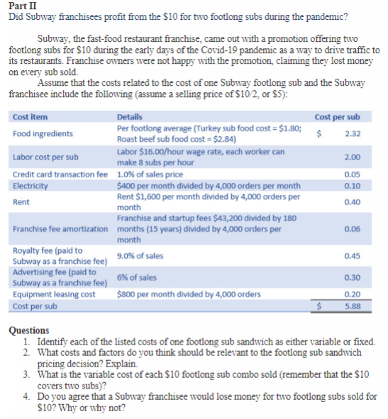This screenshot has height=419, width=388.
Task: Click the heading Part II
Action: [x=18, y=6]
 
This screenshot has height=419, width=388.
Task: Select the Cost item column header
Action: [x=29, y=116]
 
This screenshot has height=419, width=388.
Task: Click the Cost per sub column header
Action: [x=337, y=116]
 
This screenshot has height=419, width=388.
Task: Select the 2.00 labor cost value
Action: [x=351, y=157]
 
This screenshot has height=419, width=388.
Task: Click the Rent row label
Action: [x=21, y=201]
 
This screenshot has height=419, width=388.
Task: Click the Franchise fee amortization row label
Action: [x=62, y=229]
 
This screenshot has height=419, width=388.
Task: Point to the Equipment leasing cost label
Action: [x=54, y=294]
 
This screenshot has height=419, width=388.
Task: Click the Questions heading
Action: [x=28, y=330]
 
